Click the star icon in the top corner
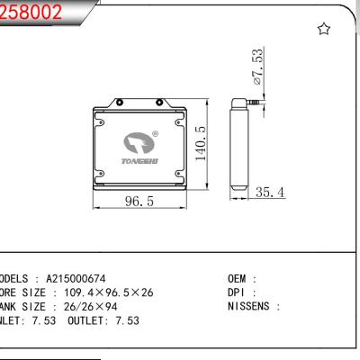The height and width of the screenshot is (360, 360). coord(324,30)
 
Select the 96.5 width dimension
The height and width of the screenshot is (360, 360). coord(136,203)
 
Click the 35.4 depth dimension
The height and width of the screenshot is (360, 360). coord(269,192)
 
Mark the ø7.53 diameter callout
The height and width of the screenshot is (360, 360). coord(258,67)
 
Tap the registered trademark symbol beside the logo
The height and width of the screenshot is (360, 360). coord(156,135)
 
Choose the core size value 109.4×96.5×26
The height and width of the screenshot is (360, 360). coord(101,292)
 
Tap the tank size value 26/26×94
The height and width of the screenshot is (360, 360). coord(86,306)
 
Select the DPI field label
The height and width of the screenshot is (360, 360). coord(238,292)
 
